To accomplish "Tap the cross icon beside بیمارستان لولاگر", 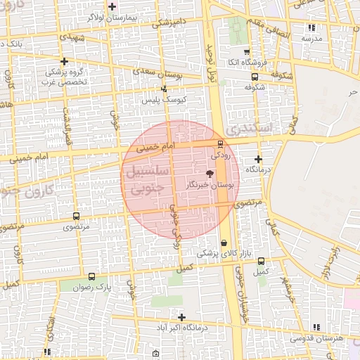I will coord(112,6).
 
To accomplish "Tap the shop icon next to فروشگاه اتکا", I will coord(246,52).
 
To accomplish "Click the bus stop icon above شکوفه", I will coord(255,77).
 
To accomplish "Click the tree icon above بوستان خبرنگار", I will coord(209,173).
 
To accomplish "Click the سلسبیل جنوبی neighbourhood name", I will coord(146,179).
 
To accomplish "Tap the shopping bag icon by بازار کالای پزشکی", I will coord(224,243).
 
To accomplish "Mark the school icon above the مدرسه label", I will coord(311,28).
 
